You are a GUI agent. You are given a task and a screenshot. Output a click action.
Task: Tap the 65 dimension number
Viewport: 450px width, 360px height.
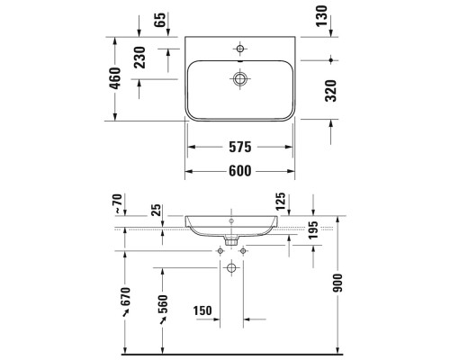click(161, 20)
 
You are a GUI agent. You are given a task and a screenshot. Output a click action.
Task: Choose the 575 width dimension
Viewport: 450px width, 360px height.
click(239, 146)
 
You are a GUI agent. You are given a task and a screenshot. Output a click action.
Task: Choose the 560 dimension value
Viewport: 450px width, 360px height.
click(163, 306)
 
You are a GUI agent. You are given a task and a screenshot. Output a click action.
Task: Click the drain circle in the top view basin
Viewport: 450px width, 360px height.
click(240, 79)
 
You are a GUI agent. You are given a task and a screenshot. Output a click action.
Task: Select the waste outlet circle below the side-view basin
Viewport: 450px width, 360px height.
click(231, 269)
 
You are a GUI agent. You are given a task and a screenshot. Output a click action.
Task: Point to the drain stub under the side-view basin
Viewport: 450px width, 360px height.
click(231, 240)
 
